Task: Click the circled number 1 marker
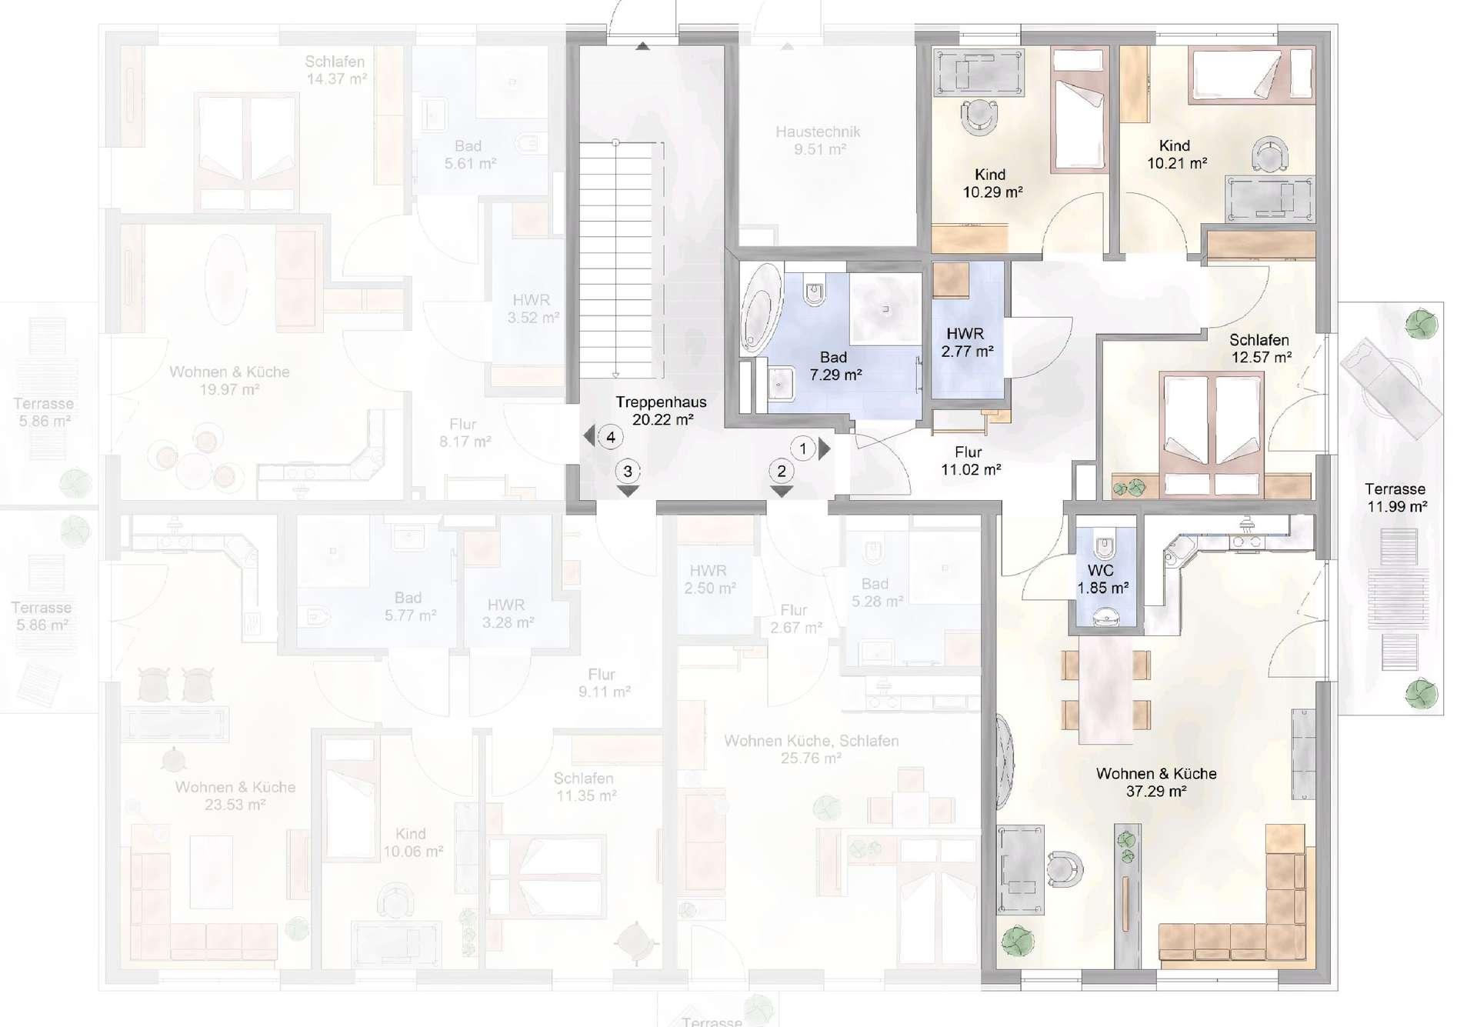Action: coord(803,448)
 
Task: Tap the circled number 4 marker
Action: coord(611,438)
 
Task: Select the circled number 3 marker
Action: coord(628,471)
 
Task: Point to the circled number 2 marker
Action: coord(782,471)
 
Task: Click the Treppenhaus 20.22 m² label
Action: coord(661,411)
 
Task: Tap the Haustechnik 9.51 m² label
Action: coord(818,141)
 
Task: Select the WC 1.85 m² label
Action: coord(1102,579)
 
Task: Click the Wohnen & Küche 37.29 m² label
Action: coord(1156,782)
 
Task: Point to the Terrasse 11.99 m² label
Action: coord(1395,498)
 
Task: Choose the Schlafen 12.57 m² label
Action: coord(1259,348)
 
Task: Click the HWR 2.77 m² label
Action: coord(966,343)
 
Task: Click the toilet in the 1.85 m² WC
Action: coord(1105,547)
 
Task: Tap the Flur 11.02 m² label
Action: coord(970,461)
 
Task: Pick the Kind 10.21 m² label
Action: coord(1176,154)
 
